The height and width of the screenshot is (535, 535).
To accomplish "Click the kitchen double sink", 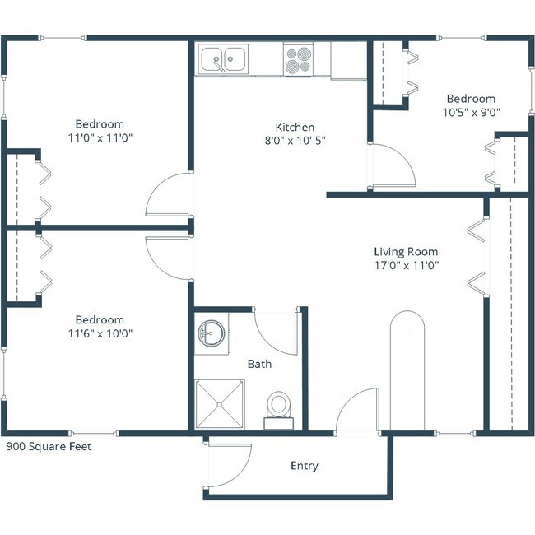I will [x=224, y=59].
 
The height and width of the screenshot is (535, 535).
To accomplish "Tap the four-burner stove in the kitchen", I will [x=298, y=59].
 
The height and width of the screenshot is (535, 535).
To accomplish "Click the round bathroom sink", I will [x=210, y=334].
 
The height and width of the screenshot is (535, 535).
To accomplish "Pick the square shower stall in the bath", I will [x=219, y=404].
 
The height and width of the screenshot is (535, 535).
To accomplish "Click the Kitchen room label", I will [x=295, y=127].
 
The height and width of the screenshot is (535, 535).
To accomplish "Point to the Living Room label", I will [x=406, y=252].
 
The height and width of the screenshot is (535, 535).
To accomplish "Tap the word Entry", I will [x=304, y=466].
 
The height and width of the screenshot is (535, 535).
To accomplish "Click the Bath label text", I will [x=259, y=363].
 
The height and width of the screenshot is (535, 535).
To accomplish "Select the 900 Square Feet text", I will [x=49, y=447].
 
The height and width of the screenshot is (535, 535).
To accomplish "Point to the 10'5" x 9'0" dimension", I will [x=472, y=112].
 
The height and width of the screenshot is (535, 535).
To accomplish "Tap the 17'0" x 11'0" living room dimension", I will [x=406, y=265].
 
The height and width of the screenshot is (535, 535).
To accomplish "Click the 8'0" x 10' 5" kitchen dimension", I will [x=295, y=140].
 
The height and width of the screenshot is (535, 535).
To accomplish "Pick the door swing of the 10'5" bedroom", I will [x=393, y=165].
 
